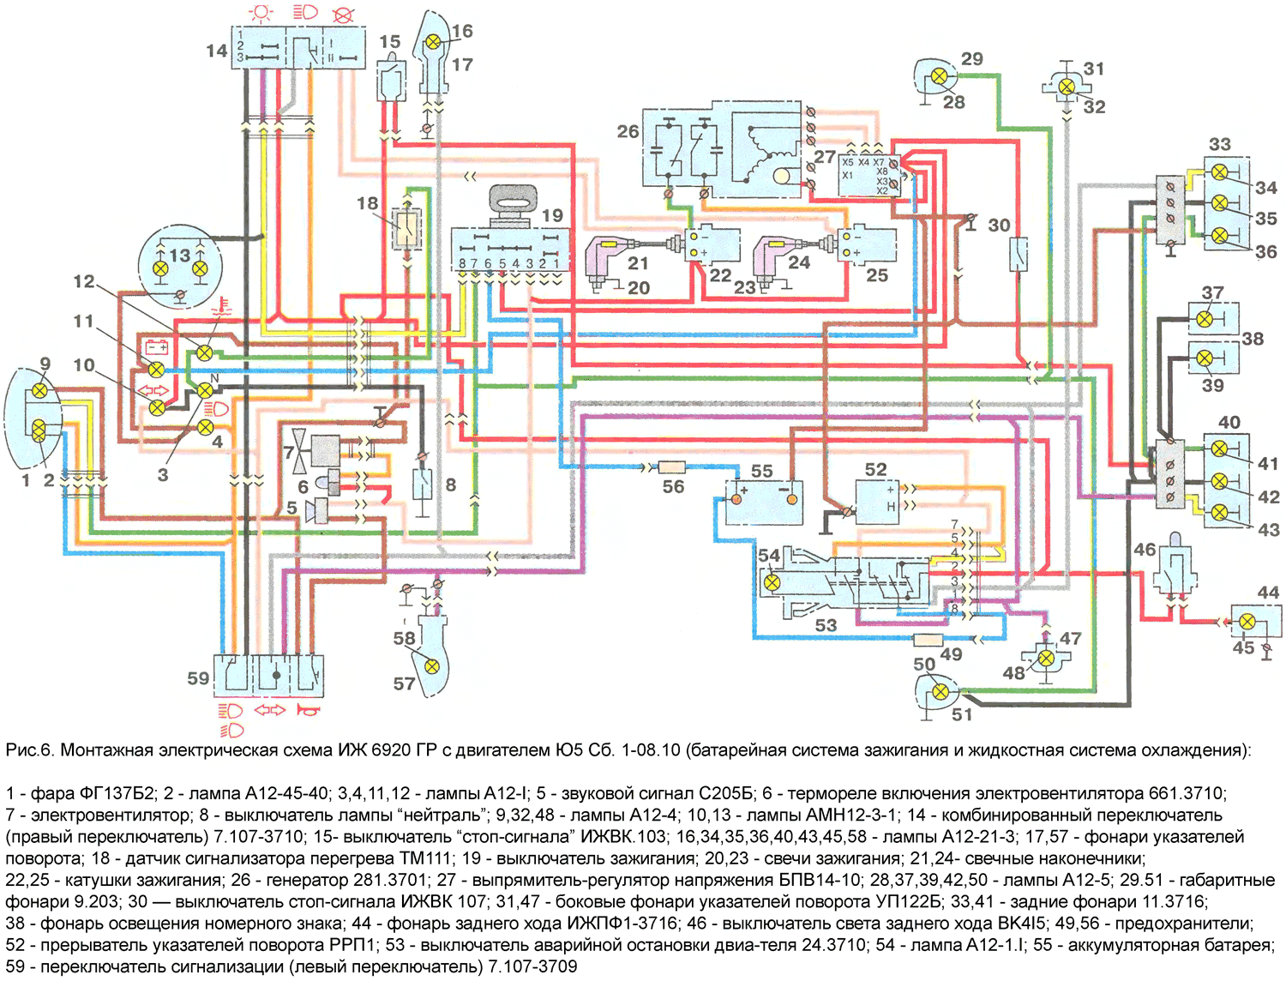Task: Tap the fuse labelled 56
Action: click(672, 467)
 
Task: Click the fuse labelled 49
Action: click(928, 641)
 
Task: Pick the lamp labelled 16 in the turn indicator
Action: click(433, 42)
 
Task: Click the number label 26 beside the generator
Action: click(628, 131)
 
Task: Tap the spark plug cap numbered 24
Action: click(773, 258)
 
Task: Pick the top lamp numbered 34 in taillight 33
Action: click(1219, 172)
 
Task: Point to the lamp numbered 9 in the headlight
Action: click(39, 390)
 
